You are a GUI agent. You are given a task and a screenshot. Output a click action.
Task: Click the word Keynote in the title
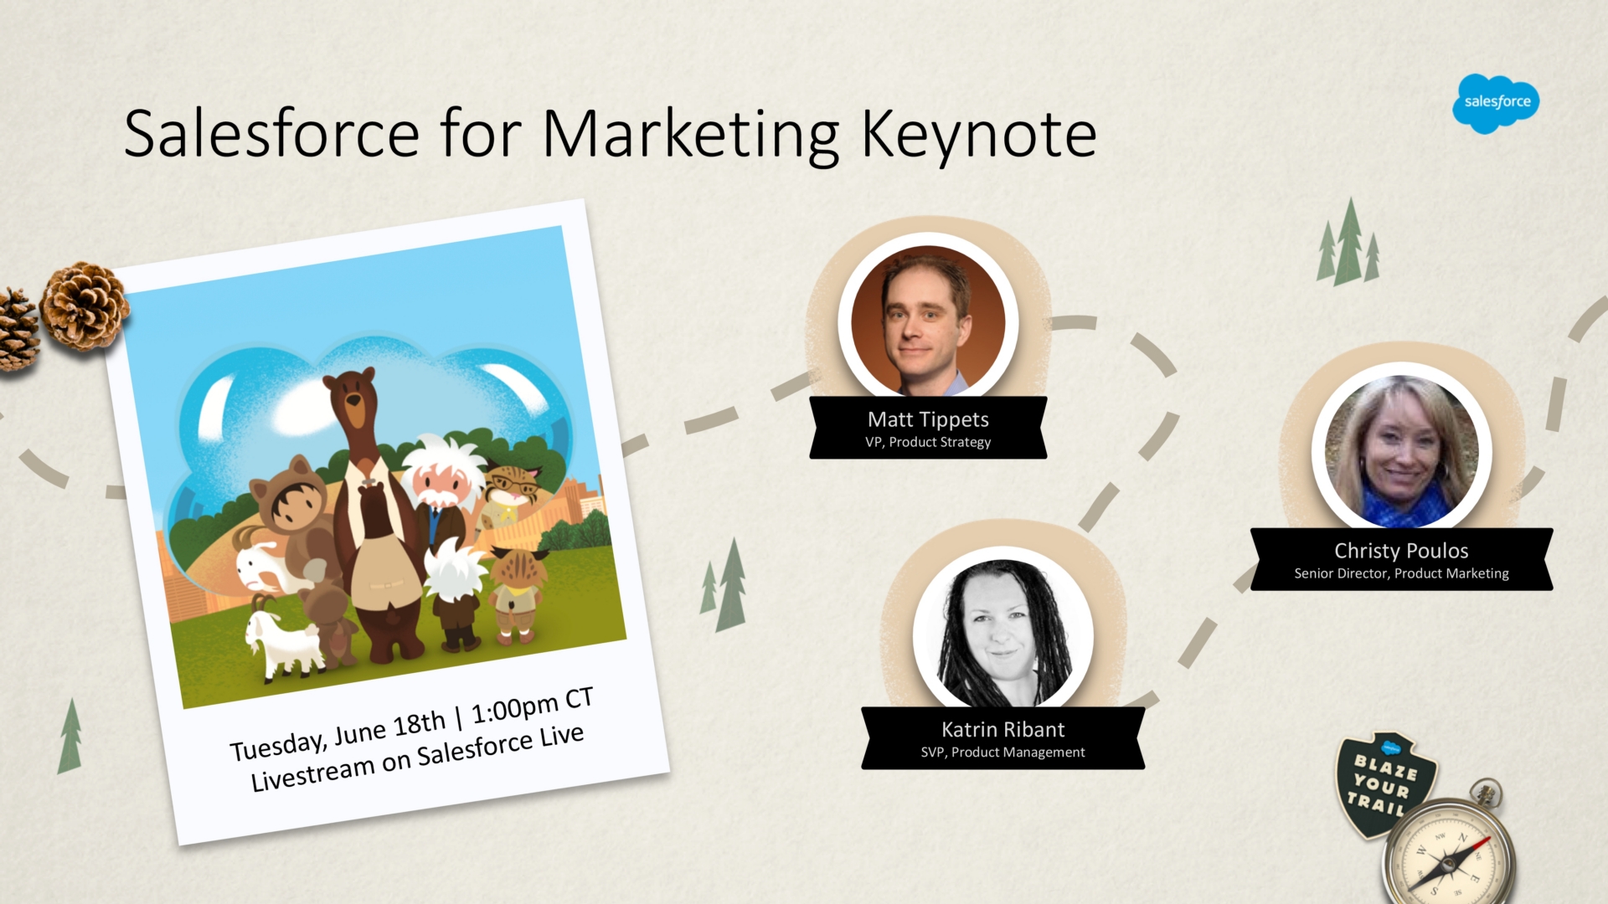tap(979, 135)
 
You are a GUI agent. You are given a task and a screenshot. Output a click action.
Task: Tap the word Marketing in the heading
tap(691, 135)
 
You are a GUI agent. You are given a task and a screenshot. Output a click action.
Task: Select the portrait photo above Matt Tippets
tap(928, 321)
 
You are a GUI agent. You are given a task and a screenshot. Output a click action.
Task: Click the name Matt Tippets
tap(928, 419)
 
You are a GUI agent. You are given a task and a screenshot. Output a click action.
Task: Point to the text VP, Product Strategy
tap(928, 442)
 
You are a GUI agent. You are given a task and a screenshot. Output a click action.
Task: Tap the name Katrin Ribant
tap(1003, 729)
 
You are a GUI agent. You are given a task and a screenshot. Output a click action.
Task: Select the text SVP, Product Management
tap(1003, 752)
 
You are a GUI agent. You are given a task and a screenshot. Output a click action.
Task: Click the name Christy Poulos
tap(1401, 551)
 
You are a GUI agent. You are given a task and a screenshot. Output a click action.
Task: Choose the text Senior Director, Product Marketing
tap(1401, 573)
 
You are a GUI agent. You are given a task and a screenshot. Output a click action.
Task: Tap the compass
tap(1448, 850)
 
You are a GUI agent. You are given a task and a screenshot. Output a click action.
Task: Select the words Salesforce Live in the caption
tap(500, 745)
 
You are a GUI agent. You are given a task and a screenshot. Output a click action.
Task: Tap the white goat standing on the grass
tap(283, 643)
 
